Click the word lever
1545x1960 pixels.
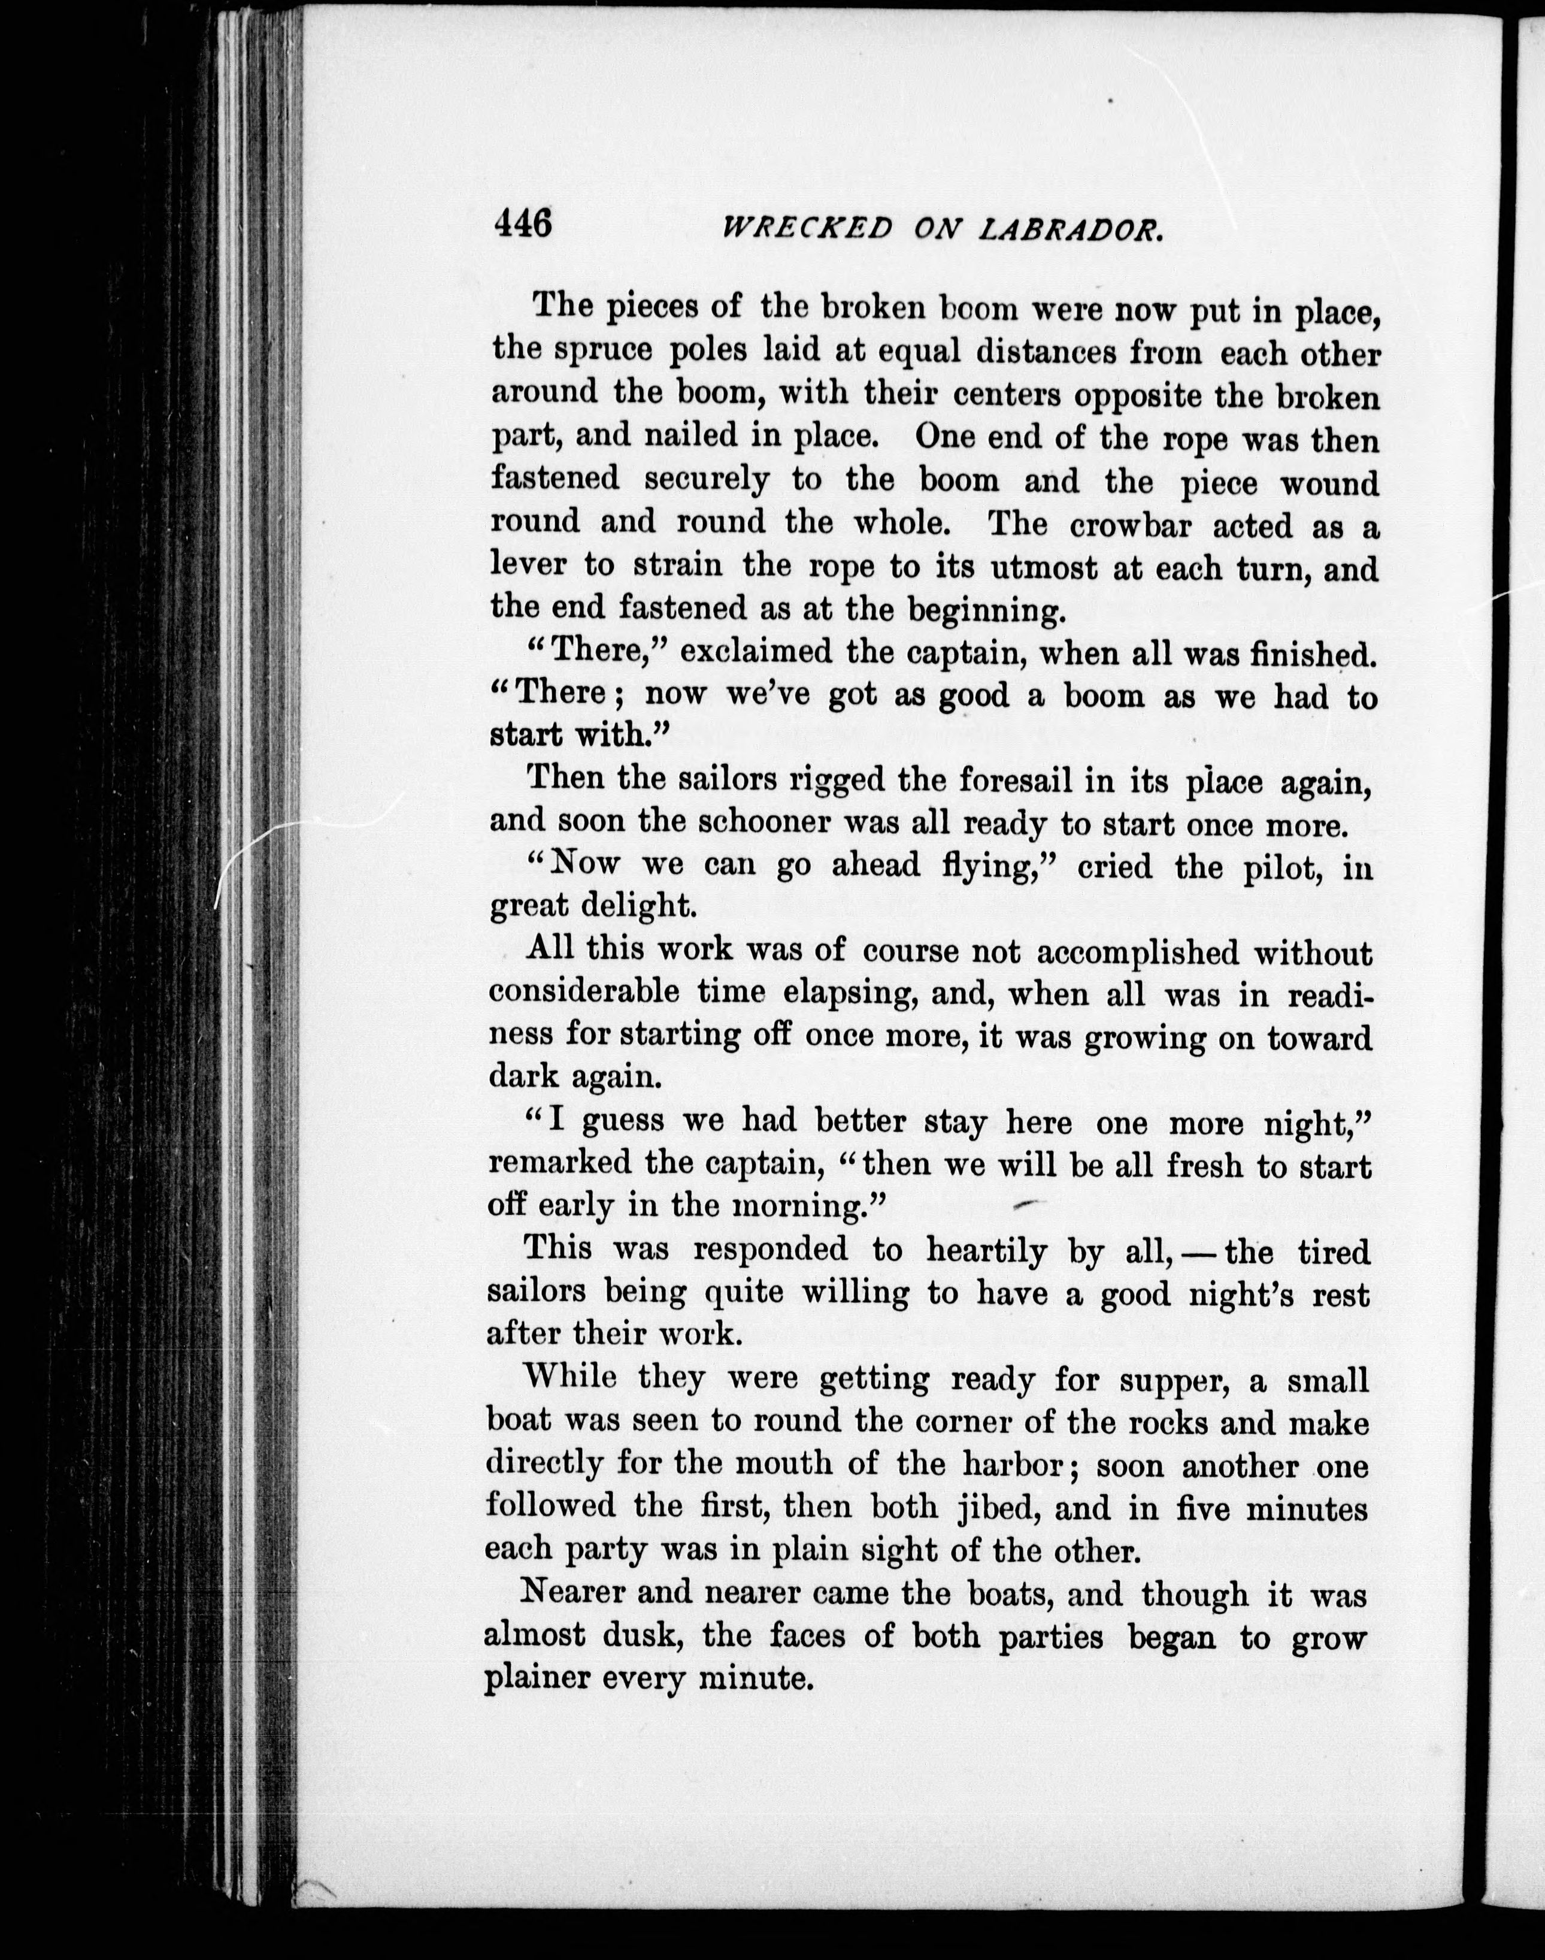(526, 565)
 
